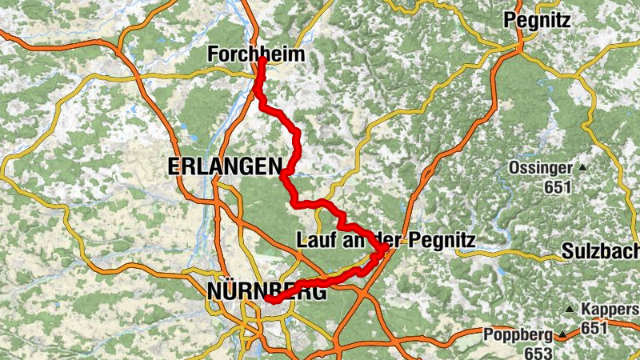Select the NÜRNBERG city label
coord(266,292)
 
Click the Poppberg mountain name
coord(518,335)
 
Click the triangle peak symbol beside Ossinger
coord(582,169)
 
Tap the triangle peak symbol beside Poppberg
coord(562,335)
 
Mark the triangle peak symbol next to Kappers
coord(570,310)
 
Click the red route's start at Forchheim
coord(262,58)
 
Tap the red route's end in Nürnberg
coord(269,301)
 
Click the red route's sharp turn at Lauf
coord(385,249)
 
